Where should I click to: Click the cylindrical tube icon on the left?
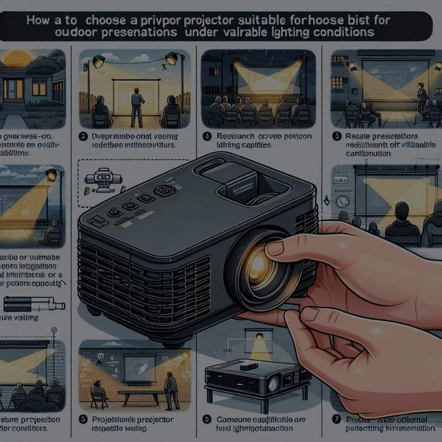(33, 303)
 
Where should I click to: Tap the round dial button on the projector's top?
(166, 189)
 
